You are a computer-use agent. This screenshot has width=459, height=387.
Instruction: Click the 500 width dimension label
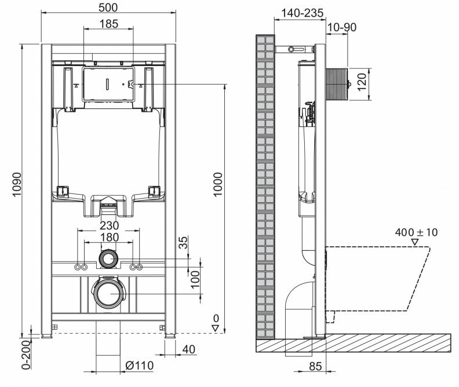[108, 8]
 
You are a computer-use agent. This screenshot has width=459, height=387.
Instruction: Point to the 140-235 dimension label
[301, 13]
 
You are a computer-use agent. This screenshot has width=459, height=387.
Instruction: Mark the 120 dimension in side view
[362, 84]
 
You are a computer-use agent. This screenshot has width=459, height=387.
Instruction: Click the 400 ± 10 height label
[416, 232]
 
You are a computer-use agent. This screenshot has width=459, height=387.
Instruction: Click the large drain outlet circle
[108, 293]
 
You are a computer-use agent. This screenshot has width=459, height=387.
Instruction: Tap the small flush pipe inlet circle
[108, 258]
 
